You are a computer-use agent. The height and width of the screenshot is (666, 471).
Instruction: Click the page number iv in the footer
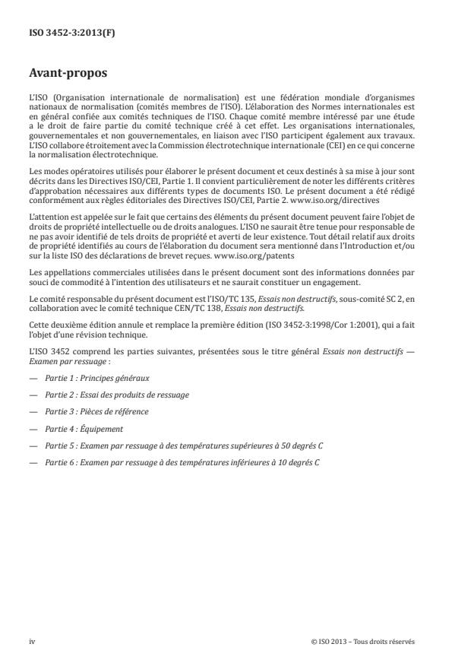32,641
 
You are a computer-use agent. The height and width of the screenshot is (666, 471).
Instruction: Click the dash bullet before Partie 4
33,428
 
